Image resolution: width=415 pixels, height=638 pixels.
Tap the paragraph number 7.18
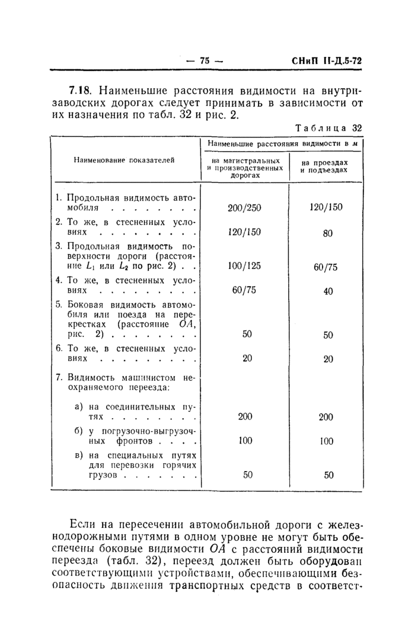(x=81, y=91)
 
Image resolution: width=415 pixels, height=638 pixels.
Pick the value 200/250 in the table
(x=244, y=208)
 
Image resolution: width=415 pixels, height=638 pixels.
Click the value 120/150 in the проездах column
(x=325, y=207)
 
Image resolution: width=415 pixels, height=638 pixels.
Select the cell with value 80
(x=328, y=233)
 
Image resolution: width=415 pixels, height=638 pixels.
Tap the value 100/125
(x=244, y=266)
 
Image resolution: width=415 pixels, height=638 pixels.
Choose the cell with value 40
(x=328, y=291)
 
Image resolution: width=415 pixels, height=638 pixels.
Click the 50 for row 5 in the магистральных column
(x=247, y=334)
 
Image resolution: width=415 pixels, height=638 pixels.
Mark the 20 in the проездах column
(x=328, y=359)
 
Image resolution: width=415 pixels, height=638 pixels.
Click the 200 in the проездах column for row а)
(x=326, y=417)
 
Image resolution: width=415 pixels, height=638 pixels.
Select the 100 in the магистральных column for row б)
(x=245, y=441)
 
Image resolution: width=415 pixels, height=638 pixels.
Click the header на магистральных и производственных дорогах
(x=244, y=168)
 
